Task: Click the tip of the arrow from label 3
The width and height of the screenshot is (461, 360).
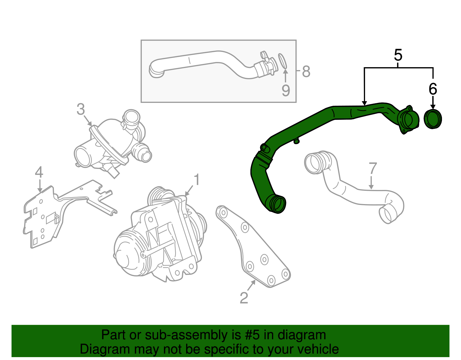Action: coord(92,126)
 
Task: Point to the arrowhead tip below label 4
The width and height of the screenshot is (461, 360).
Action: coord(40,192)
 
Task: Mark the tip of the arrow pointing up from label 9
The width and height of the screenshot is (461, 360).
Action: coord(286,69)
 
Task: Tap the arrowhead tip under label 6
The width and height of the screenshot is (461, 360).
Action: coord(433,110)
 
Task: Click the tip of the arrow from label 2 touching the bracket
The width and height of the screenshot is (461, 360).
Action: coord(255,280)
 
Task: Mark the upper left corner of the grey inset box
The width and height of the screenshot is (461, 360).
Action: coord(141,40)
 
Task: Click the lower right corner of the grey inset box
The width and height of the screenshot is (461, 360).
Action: coord(296,102)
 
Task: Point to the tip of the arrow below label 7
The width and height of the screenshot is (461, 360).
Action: coord(371,189)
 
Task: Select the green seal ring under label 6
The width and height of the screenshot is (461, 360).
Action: coord(433,119)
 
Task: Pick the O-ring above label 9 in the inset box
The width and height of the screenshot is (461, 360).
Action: coord(283,61)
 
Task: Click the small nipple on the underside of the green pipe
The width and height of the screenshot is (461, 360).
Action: coord(296,141)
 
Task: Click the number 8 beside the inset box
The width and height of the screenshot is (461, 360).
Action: coord(306,71)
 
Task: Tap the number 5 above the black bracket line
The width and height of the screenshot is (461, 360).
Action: coord(398,55)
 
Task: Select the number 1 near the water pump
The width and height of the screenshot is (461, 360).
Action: coord(197,180)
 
